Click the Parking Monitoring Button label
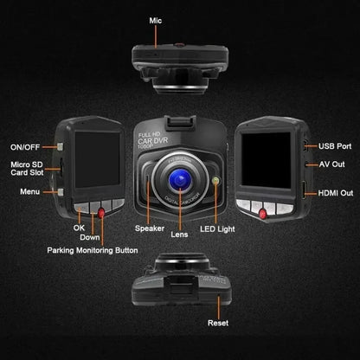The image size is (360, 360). pyautogui.click(x=92, y=250)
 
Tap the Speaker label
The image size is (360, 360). pyautogui.click(x=150, y=228)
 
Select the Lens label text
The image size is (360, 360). pyautogui.click(x=180, y=234)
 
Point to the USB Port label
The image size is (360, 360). pyautogui.click(x=336, y=147)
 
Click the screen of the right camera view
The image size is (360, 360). pyautogui.click(x=267, y=159)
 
